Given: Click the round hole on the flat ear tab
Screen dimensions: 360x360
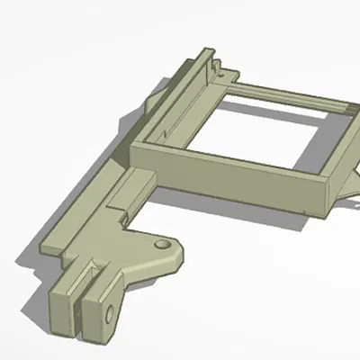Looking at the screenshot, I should point(161,244).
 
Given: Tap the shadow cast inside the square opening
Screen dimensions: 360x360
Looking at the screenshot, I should point(225,135).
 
